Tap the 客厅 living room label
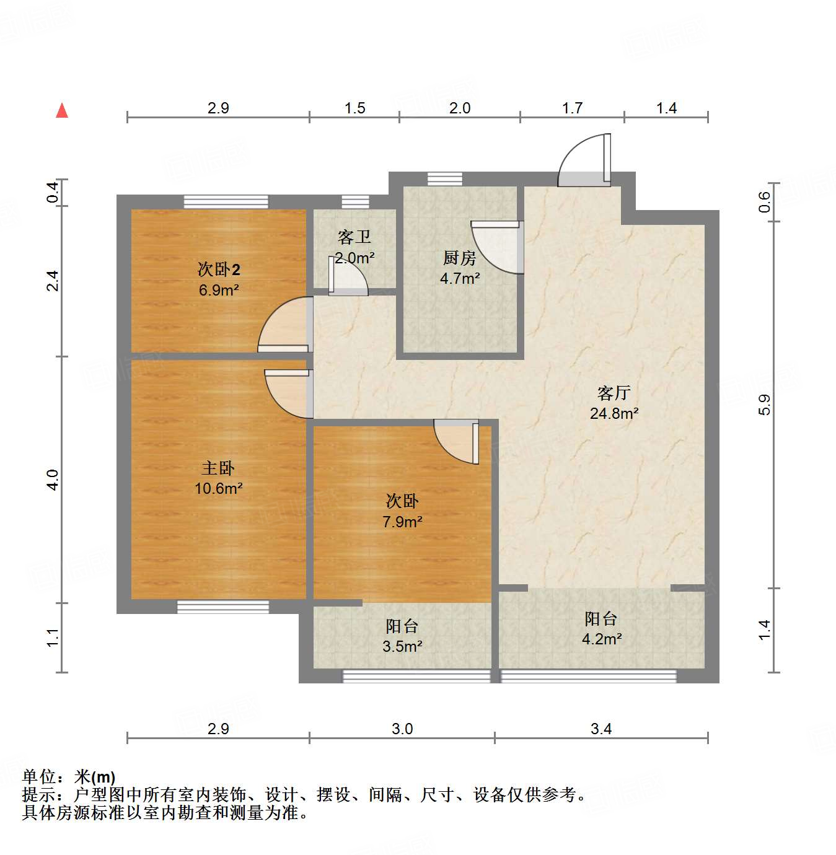(614, 393)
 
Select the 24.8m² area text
(614, 413)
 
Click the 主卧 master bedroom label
(218, 468)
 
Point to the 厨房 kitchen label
(459, 258)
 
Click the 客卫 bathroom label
(354, 237)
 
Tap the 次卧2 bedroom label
(219, 269)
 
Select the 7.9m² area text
(402, 522)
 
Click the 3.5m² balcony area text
(402, 646)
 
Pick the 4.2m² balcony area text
(601, 639)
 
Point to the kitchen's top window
(445, 178)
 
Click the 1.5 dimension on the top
(354, 108)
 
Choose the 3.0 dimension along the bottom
(402, 729)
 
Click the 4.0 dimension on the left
(53, 480)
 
